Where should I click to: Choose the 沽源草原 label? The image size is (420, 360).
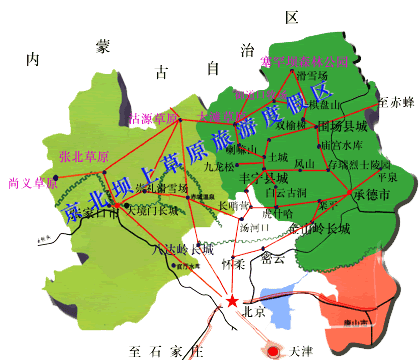coord(155,118)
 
